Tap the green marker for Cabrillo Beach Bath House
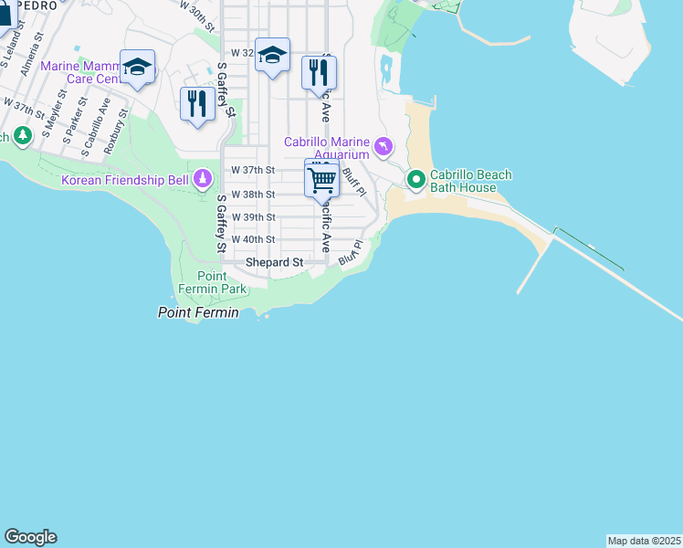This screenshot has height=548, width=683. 415,179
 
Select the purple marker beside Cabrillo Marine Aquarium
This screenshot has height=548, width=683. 384,145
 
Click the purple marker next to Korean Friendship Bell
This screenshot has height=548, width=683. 203,180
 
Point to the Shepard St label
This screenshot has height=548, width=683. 275,263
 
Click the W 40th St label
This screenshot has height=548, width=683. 253,239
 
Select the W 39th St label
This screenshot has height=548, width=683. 253,217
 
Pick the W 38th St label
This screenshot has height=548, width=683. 253,195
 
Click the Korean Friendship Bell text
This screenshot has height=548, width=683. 125,180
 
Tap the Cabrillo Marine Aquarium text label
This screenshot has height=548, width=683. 326,148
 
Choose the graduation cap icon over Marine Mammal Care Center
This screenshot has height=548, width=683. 137,68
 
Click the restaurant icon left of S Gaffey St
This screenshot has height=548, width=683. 197,103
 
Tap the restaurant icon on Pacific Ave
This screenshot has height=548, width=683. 319,73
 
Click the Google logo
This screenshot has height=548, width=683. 30,537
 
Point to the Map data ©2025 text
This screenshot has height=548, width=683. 644,541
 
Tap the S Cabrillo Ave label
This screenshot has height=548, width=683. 96,124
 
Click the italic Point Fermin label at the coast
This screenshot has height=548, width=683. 198,312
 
